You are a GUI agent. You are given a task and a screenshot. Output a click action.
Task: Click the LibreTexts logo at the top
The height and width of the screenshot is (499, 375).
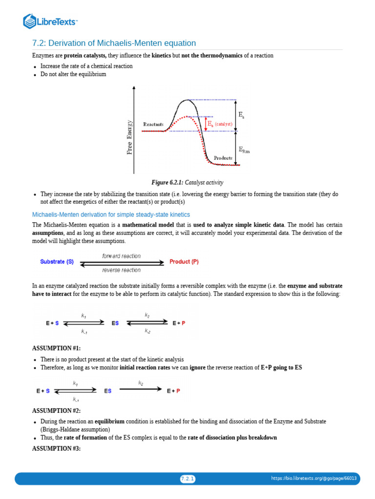pos(51,21)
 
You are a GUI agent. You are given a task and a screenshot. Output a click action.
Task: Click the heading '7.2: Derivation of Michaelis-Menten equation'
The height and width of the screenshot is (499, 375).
pos(114,43)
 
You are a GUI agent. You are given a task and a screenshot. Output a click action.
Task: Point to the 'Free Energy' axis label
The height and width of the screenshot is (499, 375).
pos(130,137)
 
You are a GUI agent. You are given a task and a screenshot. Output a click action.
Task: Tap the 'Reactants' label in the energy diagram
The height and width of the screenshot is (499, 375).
pos(153,124)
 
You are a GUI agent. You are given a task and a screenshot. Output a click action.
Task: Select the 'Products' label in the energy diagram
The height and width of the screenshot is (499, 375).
pos(223,158)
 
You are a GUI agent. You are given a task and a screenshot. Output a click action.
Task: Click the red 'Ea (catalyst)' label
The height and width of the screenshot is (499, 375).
pos(220,124)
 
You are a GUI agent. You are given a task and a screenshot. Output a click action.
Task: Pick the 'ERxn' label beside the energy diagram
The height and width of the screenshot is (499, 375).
pos(244,150)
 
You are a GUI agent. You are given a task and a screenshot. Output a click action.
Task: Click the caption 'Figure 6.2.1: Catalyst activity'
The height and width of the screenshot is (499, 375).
pos(187,182)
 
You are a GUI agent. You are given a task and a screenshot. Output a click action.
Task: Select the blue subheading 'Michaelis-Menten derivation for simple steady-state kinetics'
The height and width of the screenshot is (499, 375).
pos(111,214)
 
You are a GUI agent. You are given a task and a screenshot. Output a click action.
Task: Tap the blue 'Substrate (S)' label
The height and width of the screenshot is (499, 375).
pos(57,262)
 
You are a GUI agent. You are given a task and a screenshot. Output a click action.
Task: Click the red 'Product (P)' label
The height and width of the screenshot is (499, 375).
pos(184,262)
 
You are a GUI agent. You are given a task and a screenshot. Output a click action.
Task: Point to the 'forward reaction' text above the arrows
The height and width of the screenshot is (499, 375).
pos(121,256)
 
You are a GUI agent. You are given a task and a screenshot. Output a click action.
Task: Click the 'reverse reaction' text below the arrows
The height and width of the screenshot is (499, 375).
pos(121,270)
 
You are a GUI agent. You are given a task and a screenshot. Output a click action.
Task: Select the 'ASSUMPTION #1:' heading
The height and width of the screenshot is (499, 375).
pos(56,348)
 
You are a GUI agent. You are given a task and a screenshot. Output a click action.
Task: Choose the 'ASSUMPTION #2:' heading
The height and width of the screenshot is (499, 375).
pos(56,411)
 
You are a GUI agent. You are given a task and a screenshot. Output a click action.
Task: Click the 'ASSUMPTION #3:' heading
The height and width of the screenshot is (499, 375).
pos(56,448)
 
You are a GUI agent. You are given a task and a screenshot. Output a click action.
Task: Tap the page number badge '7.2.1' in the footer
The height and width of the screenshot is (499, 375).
pos(187,479)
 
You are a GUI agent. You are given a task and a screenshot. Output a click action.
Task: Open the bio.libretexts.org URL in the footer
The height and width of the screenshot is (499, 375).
pos(314,479)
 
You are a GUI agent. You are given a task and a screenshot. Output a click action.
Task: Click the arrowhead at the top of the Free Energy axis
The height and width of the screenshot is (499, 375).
pos(134,87)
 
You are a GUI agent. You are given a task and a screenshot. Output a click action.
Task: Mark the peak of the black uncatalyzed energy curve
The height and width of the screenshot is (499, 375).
pos(186,100)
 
